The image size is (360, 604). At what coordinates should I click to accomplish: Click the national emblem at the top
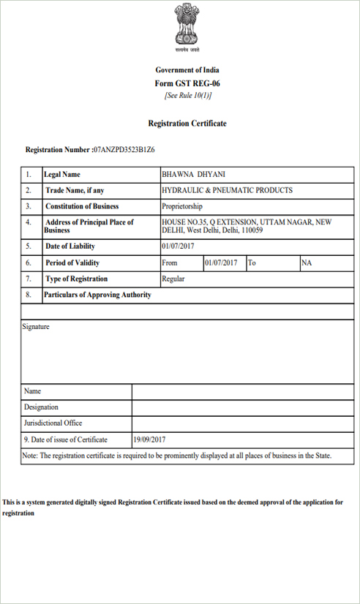pyautogui.click(x=187, y=27)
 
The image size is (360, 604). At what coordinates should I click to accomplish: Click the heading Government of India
pyautogui.click(x=187, y=70)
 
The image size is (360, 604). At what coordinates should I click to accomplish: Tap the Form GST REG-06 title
pyautogui.click(x=187, y=83)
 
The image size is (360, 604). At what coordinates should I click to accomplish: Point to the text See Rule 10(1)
pyautogui.click(x=187, y=96)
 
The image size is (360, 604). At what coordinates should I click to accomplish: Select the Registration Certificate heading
pyautogui.click(x=187, y=124)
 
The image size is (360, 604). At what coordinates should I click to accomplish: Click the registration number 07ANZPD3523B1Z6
pyautogui.click(x=124, y=150)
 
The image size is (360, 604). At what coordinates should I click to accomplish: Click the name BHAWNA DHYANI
pyautogui.click(x=194, y=175)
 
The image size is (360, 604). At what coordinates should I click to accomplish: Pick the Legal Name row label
pyautogui.click(x=62, y=175)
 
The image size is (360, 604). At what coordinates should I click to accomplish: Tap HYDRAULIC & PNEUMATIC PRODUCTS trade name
pyautogui.click(x=227, y=190)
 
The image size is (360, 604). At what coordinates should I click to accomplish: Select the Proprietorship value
pyautogui.click(x=183, y=206)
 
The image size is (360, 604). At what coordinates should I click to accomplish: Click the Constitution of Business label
pyautogui.click(x=82, y=206)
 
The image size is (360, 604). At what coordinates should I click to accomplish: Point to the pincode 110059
pyautogui.click(x=252, y=230)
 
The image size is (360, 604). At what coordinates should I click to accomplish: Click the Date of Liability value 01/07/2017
pyautogui.click(x=179, y=246)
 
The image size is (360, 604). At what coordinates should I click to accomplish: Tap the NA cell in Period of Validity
pyautogui.click(x=307, y=263)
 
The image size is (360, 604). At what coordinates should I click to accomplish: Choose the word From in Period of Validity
pyautogui.click(x=170, y=263)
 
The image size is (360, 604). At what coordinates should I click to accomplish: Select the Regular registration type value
pyautogui.click(x=173, y=279)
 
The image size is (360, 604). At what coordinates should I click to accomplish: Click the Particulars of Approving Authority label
pyautogui.click(x=98, y=295)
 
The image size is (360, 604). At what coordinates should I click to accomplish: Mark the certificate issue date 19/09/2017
pyautogui.click(x=150, y=439)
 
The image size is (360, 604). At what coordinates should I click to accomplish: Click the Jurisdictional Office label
pyautogui.click(x=53, y=423)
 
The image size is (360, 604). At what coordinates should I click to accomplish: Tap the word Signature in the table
pyautogui.click(x=37, y=327)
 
